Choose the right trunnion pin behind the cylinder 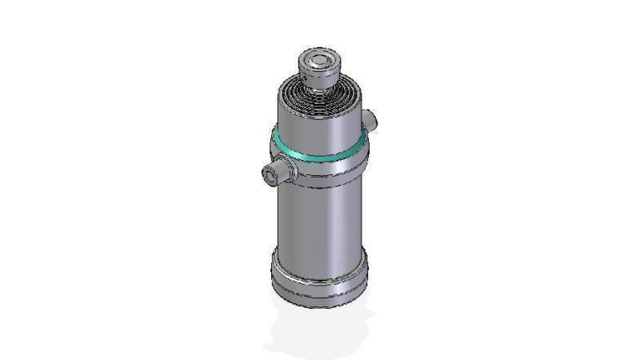click(369, 121)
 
